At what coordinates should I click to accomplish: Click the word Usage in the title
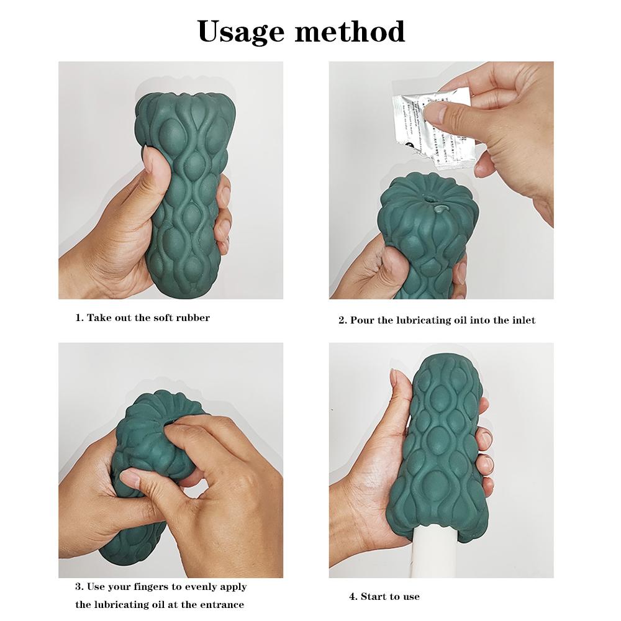(242, 31)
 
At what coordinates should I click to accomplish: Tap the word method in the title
(351, 31)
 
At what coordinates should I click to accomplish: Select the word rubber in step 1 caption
(191, 318)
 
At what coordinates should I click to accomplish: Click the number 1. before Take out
(79, 318)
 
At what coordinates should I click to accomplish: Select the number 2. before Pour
(342, 320)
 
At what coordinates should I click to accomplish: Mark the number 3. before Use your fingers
(79, 587)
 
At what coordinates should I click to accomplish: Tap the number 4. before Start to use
(353, 597)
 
